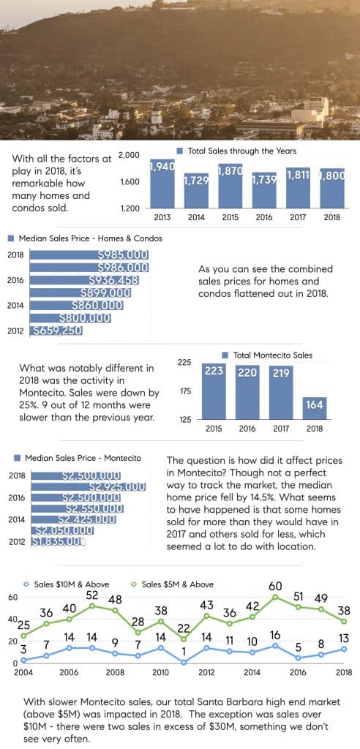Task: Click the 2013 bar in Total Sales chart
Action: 162,184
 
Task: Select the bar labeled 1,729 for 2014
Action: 196,190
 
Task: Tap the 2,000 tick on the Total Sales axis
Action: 129,155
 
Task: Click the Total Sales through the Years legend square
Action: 180,151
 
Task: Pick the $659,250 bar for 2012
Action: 56,331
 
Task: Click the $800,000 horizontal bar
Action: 70,318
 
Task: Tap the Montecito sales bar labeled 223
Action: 214,392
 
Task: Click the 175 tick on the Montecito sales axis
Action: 184,392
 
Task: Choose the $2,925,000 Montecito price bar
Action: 88,486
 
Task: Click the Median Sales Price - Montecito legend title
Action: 83,458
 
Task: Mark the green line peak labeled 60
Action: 275,597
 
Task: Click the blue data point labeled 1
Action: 183,662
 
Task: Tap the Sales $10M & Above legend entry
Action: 67,584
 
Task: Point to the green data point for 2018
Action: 345,621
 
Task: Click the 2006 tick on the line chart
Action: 69,673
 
